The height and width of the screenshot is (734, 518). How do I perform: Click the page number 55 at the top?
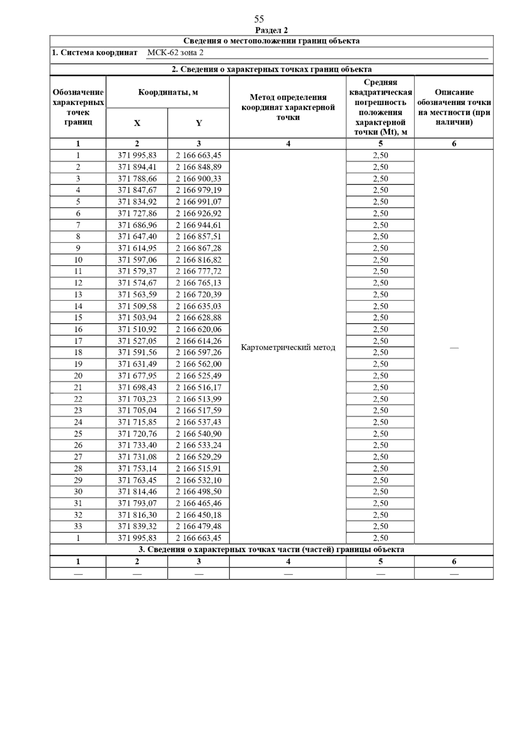pos(259,19)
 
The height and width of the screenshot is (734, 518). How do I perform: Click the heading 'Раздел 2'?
pos(272,30)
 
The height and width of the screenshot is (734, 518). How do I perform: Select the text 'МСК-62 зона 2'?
pos(175,53)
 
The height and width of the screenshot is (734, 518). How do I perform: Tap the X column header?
pos(137,123)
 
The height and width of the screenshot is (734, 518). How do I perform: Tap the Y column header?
pos(199,123)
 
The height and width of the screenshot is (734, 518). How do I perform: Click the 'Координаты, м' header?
pos(168,93)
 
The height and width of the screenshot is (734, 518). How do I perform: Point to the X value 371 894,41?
pos(137,167)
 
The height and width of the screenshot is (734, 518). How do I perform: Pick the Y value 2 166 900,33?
pos(199,179)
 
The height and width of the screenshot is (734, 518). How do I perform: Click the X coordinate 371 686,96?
pos(137,225)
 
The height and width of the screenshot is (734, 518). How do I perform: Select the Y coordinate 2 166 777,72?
pos(199,271)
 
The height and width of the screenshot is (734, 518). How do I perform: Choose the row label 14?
pos(78,306)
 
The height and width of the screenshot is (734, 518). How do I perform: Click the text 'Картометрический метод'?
pos(288,348)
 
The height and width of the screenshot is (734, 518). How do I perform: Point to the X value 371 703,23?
pos(137,399)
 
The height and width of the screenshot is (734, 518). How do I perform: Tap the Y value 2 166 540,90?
pos(199,434)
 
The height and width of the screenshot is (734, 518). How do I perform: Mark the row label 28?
pos(78,469)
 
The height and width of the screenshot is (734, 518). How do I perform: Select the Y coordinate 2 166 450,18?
pos(199,515)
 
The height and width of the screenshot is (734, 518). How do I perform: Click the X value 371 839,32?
pos(137,527)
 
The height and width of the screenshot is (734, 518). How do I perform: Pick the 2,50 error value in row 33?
pos(380,527)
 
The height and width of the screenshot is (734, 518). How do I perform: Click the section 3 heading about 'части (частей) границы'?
pos(272,550)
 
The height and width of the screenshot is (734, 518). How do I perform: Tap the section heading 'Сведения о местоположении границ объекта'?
pos(272,41)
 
